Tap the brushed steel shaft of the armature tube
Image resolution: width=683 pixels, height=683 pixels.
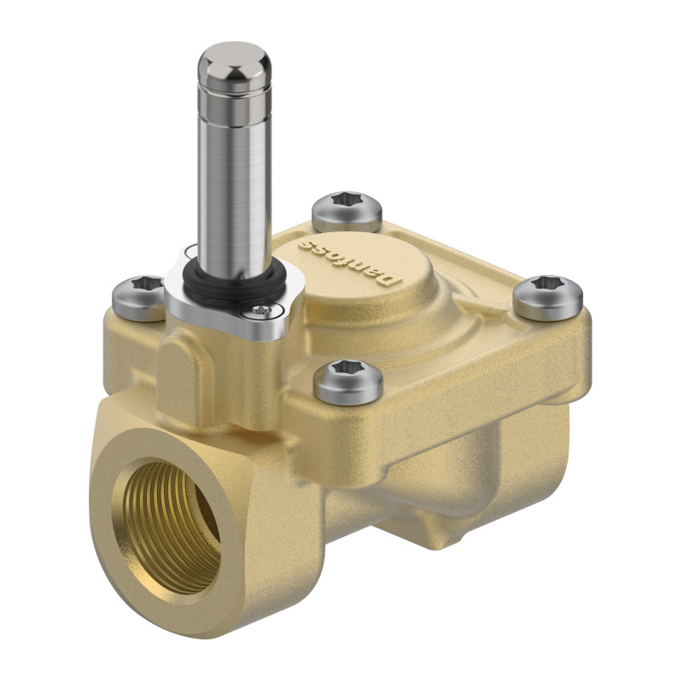pos(232,179)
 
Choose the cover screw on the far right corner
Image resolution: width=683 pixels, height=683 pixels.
pos(547,295)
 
